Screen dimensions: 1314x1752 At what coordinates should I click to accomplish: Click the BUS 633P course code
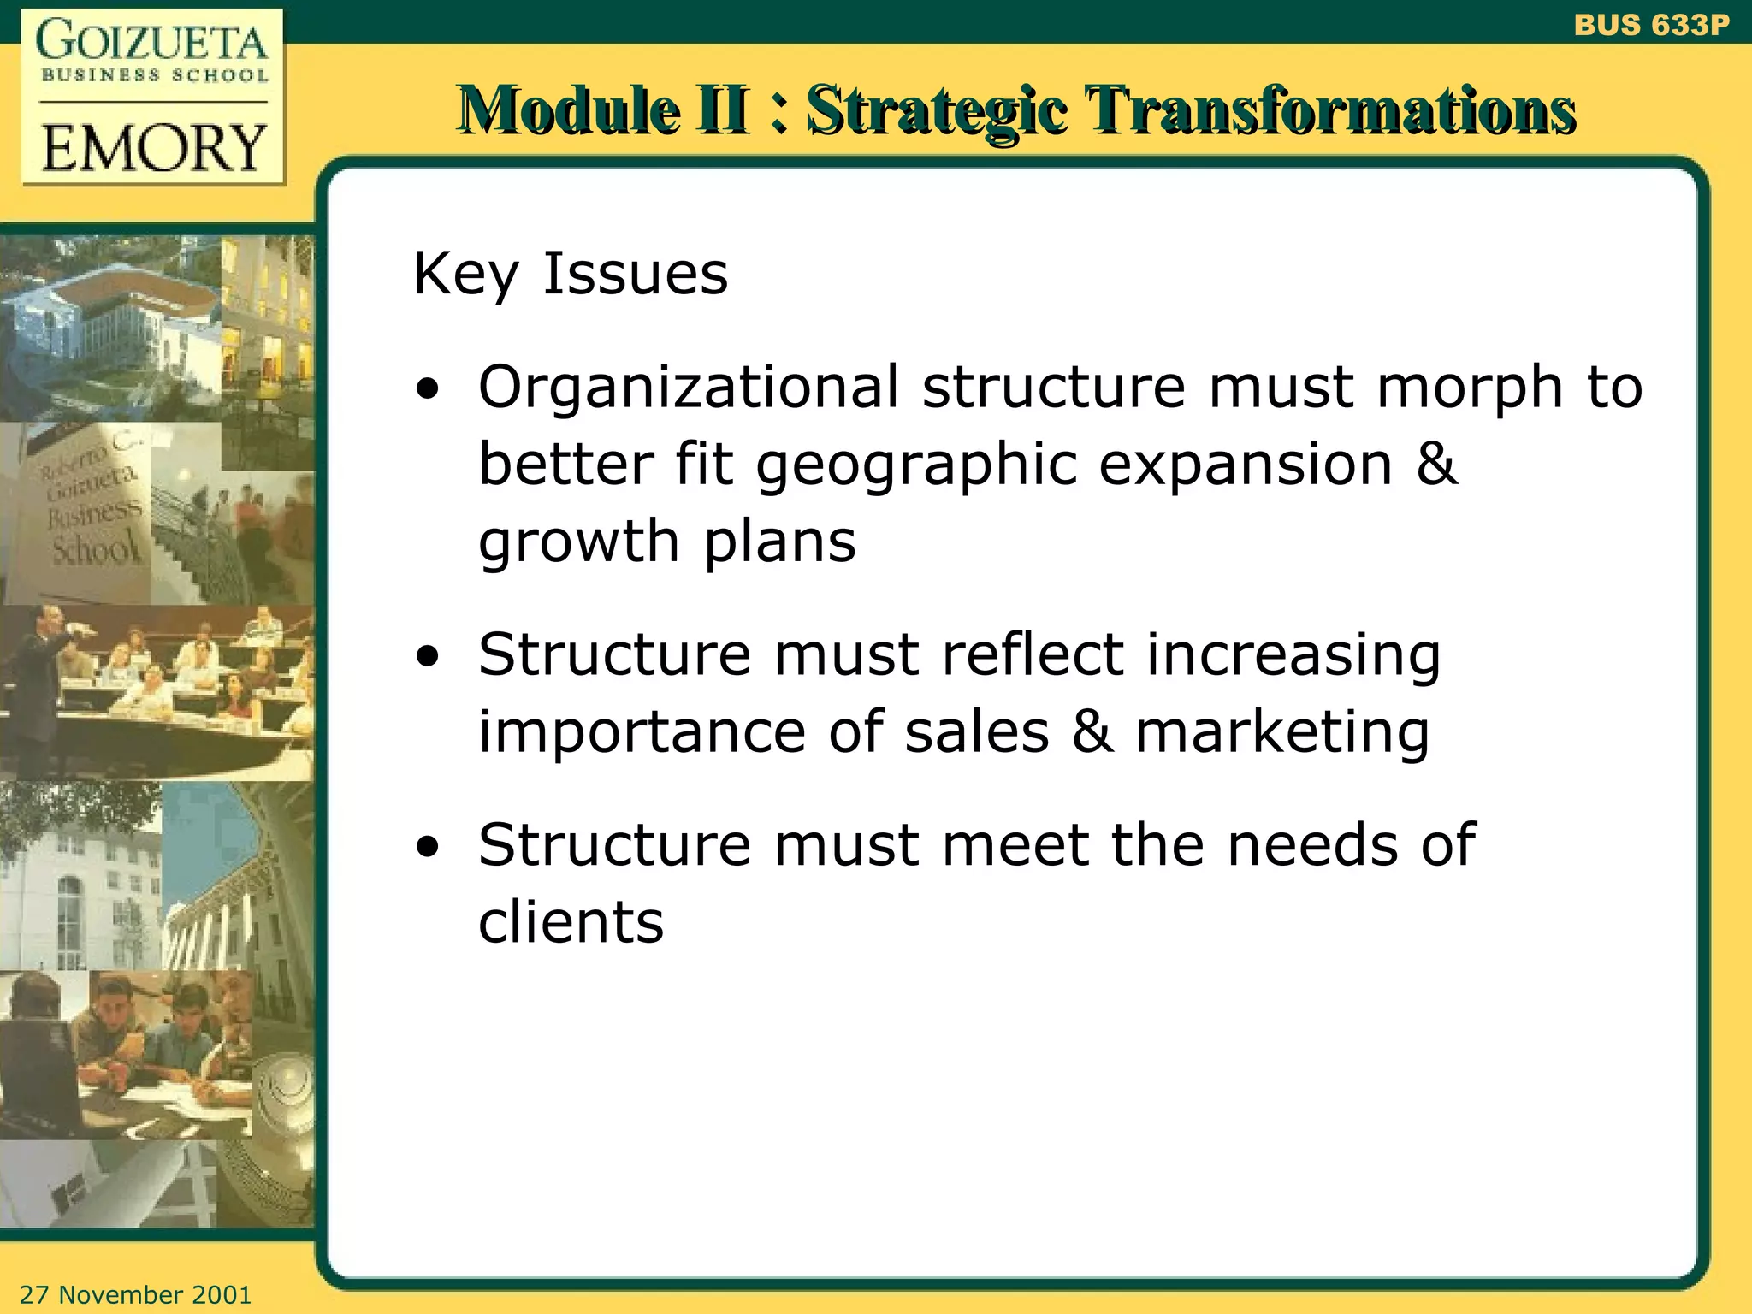1650,25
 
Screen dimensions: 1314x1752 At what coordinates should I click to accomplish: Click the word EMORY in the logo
154,148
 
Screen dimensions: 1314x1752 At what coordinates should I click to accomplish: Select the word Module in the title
568,111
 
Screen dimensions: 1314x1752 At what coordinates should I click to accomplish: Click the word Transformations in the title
1329,111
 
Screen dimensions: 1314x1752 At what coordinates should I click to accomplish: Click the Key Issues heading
571,274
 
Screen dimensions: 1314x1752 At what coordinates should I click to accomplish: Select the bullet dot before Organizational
428,390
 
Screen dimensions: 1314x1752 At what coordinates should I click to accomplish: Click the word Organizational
689,388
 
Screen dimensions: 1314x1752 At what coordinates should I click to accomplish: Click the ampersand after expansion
1436,465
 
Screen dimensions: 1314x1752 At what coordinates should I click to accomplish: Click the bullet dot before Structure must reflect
428,657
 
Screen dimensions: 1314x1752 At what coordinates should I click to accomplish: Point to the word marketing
1281,734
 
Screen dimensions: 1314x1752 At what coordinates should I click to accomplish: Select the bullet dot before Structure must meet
428,848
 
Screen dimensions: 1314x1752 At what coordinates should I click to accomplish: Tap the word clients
571,922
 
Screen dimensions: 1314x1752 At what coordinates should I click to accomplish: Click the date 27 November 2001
135,1294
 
